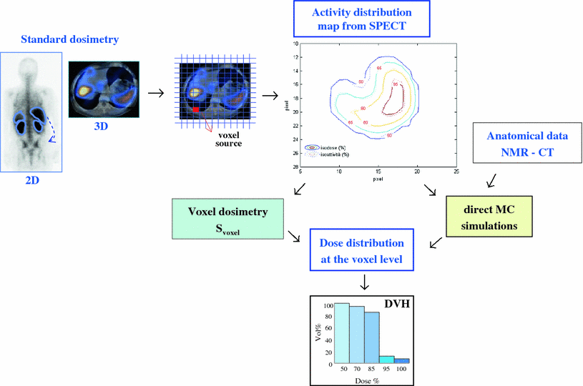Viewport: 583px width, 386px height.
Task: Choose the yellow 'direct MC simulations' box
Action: click(488, 216)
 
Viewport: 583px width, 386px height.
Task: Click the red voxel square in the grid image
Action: click(196, 109)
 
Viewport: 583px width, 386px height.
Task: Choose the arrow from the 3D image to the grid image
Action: click(154, 93)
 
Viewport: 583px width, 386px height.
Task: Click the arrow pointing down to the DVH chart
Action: click(364, 283)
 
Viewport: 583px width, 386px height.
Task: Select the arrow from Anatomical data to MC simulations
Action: click(490, 182)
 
